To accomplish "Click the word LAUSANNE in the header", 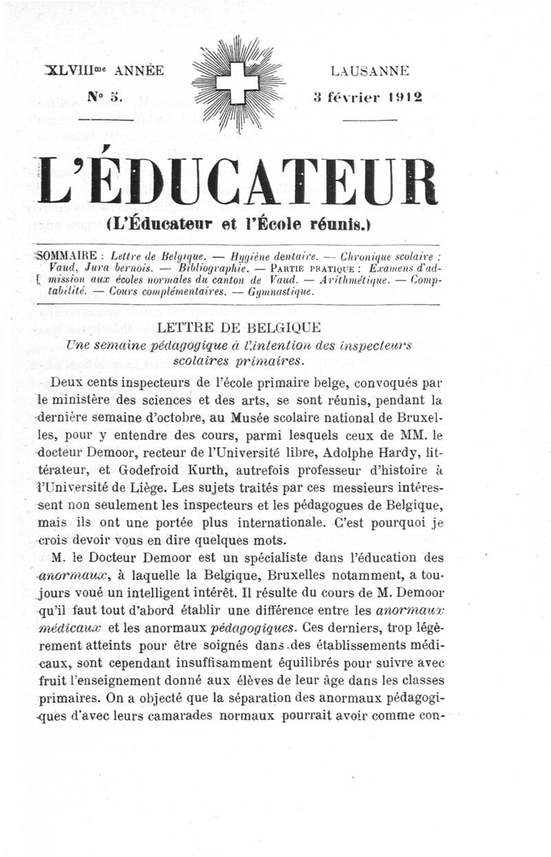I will click(x=370, y=70).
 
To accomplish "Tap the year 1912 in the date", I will click(x=404, y=97).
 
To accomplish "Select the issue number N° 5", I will click(x=105, y=97).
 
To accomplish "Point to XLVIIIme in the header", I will click(x=75, y=70).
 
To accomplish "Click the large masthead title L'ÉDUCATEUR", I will click(x=238, y=183).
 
